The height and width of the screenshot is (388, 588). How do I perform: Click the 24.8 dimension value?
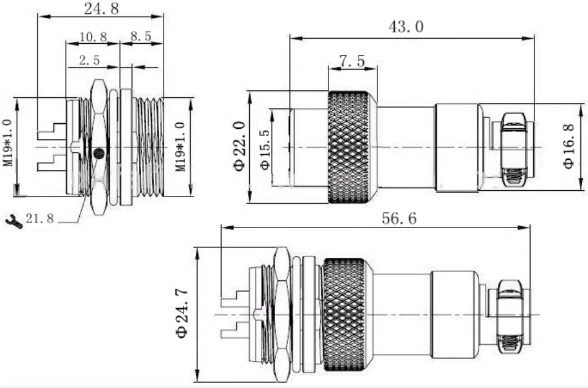click(x=101, y=8)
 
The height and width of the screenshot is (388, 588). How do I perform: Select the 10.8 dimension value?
click(x=93, y=37)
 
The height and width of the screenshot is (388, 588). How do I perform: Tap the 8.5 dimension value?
click(x=140, y=36)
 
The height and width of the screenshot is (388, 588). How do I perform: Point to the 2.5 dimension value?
click(x=90, y=60)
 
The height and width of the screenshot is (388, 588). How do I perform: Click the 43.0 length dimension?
click(x=406, y=26)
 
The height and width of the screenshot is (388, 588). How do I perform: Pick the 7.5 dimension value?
click(x=352, y=61)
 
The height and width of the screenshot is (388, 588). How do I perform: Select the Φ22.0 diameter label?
click(x=240, y=146)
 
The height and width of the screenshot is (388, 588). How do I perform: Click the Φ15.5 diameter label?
click(x=265, y=150)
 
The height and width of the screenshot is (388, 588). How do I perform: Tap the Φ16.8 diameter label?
click(x=569, y=146)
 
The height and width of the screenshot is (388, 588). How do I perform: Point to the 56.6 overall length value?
click(x=399, y=218)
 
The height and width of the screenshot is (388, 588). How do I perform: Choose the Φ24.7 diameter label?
click(x=182, y=314)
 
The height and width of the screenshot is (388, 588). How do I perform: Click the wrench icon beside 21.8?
click(x=14, y=220)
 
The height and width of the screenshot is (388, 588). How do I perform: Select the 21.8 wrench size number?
click(x=40, y=218)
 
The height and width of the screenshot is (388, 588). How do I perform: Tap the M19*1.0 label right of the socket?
click(x=181, y=147)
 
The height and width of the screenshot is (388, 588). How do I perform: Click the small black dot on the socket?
click(x=99, y=153)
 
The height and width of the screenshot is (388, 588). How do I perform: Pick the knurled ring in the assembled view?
click(x=344, y=315)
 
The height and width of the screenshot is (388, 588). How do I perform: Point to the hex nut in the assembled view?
click(x=282, y=315)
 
